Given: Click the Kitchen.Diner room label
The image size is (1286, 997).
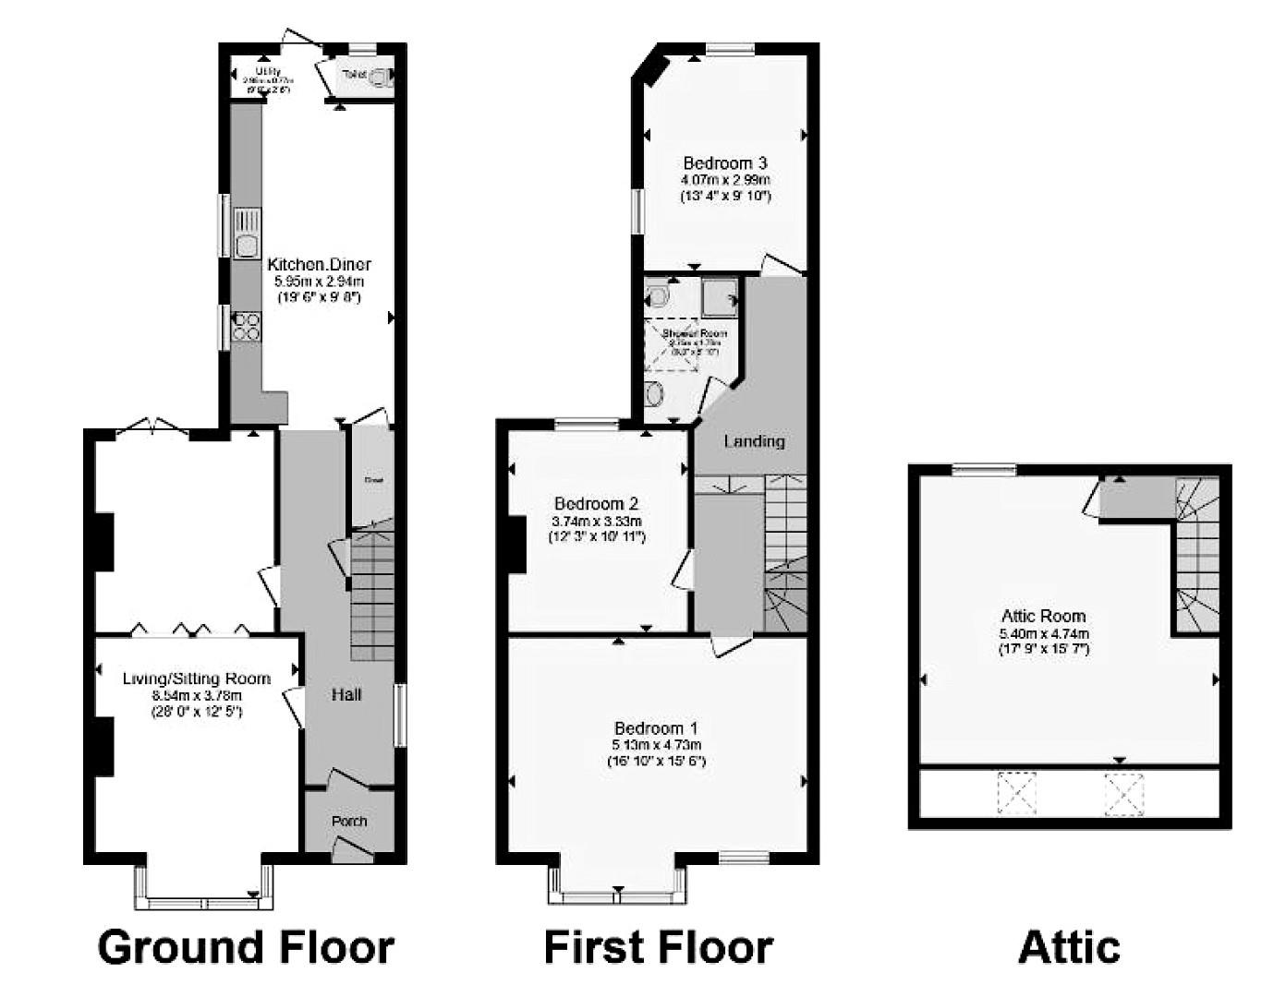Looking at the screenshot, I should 319,265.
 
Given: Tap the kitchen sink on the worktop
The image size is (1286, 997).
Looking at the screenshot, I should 247,234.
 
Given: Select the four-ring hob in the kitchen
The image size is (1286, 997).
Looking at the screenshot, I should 247,327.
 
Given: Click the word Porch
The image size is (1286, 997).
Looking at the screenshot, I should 349,821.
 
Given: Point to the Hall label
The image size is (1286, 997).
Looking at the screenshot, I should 346,695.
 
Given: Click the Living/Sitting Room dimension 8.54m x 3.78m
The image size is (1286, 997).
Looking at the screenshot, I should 196,696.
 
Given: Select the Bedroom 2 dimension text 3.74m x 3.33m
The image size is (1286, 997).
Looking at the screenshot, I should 596,521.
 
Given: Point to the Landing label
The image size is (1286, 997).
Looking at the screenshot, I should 754,441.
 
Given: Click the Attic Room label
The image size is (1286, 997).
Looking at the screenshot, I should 1043,616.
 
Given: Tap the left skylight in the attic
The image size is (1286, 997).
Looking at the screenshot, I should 1016,793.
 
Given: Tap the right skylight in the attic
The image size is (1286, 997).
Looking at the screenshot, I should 1124,793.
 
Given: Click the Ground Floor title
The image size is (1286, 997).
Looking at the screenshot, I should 246,947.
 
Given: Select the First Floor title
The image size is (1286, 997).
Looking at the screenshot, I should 658,947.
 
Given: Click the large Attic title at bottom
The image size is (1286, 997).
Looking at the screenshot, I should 1069,947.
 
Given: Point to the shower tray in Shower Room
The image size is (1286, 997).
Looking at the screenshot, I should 721,296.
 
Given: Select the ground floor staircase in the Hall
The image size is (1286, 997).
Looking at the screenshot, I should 372,595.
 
